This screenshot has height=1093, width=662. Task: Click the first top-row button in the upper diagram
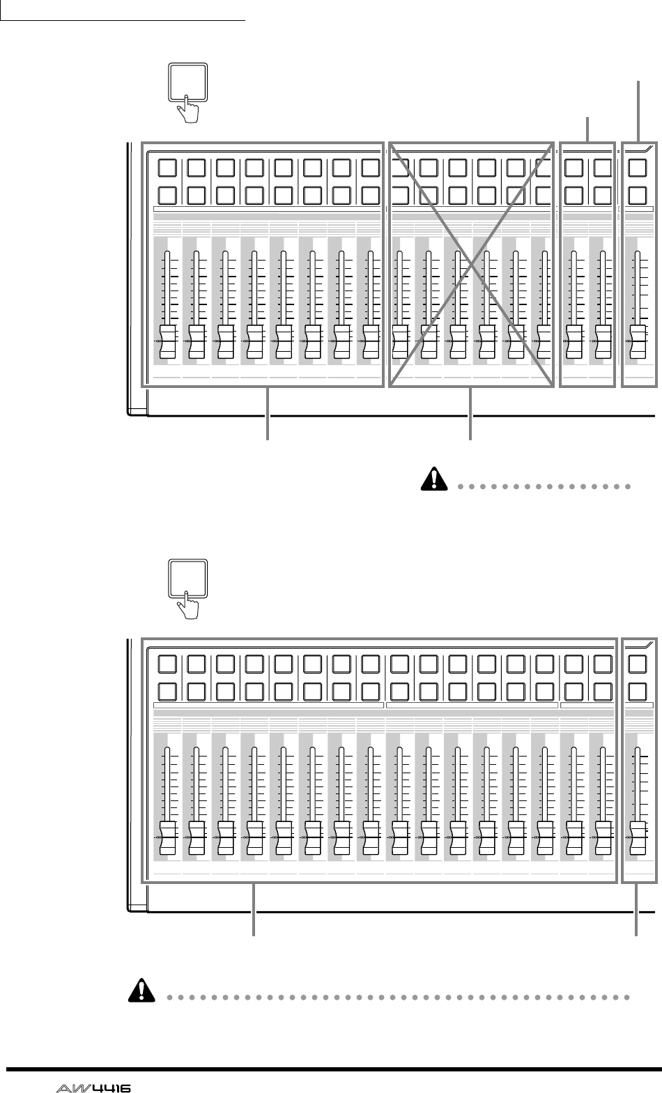click(x=167, y=168)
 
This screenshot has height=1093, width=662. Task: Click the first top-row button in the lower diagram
click(x=167, y=664)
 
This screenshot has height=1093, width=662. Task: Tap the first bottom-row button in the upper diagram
click(x=167, y=195)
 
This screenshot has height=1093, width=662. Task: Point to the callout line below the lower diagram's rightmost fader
click(x=637, y=910)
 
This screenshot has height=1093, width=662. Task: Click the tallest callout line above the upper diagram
click(x=640, y=111)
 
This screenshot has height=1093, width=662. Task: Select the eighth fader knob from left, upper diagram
click(x=371, y=340)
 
